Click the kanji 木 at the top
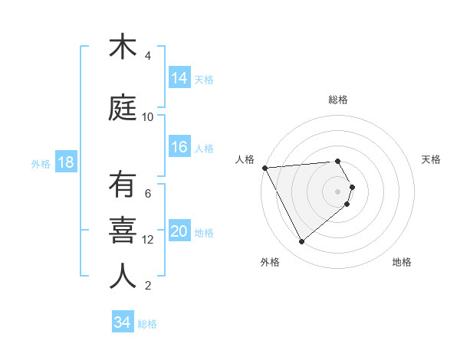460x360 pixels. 123,47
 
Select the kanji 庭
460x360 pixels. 123,108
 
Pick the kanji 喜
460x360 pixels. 123,231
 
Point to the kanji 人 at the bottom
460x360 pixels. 123,276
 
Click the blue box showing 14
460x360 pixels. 179,77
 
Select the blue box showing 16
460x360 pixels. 179,147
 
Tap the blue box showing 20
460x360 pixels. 179,231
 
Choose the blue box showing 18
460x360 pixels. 66,162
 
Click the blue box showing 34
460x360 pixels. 122,322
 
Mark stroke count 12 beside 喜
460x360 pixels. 148,240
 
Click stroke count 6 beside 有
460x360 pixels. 148,193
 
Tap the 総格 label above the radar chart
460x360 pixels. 338,100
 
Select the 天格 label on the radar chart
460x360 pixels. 431,159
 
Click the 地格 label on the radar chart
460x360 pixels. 402,262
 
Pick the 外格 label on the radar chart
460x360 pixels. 270,262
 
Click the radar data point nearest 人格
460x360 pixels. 264,168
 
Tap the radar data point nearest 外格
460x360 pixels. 301,242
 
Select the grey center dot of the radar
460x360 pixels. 338,191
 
